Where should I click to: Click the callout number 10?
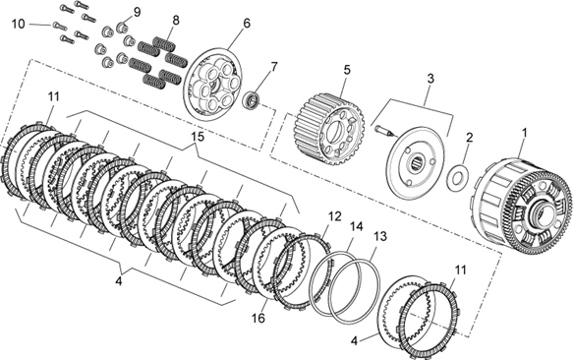point(18,25)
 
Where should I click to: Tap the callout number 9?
point(137,12)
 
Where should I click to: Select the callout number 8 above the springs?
point(176,20)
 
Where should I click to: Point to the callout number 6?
point(247,23)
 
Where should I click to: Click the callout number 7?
point(274,67)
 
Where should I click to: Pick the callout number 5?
point(346,69)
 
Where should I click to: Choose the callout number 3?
point(430,79)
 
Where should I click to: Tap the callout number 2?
point(469,138)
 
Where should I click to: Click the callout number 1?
point(525,133)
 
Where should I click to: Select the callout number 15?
point(199,137)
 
